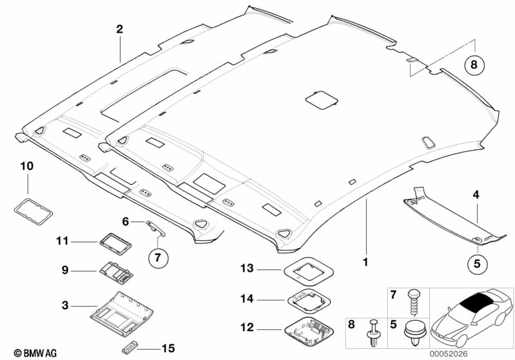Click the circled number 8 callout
point(474,64)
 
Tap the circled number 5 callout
point(478,263)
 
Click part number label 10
point(26,166)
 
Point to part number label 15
point(168,348)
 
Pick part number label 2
point(119,29)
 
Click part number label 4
point(476,194)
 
